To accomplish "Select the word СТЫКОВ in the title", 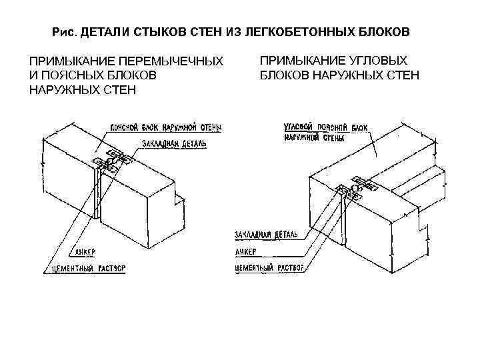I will click(x=149, y=32).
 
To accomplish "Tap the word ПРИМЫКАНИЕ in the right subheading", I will click(x=296, y=60).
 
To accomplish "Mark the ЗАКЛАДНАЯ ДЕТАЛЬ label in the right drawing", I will click(x=265, y=235).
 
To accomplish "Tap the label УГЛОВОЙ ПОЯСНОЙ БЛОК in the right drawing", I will click(x=325, y=126).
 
